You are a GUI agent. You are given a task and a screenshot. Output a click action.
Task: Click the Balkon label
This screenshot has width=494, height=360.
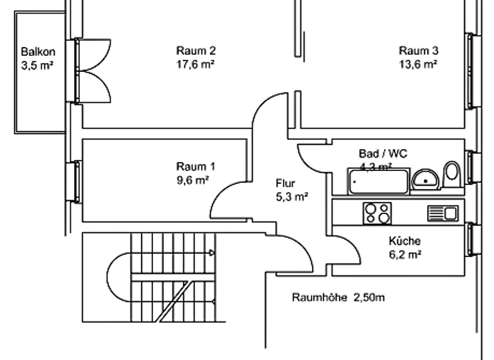point(37,51)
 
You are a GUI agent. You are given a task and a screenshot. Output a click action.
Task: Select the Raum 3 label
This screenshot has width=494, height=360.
point(419,51)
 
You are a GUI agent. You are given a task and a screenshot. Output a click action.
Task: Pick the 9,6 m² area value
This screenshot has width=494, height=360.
point(194,180)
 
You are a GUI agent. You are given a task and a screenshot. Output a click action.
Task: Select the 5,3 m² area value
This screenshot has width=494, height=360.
point(291,196)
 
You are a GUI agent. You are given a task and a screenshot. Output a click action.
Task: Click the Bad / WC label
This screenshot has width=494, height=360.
point(383,154)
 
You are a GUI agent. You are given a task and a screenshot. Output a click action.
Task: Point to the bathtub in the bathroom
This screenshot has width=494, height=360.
point(378,181)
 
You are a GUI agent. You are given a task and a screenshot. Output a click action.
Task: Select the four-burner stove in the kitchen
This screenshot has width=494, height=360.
point(377,213)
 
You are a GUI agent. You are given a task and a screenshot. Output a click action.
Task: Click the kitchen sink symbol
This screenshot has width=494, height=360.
point(443,213)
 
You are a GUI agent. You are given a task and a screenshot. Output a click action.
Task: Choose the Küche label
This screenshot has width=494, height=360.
point(405,242)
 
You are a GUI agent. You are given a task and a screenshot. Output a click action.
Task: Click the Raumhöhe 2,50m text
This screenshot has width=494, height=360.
point(338,298)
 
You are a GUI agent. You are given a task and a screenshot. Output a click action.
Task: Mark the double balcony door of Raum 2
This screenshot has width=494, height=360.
point(90,70)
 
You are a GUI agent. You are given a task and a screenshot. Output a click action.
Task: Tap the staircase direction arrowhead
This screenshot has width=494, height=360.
point(210,252)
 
